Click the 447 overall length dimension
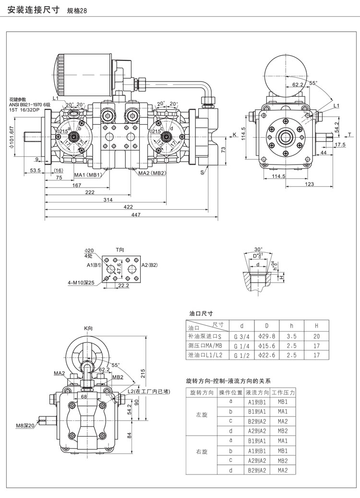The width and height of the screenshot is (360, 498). tap(135, 215)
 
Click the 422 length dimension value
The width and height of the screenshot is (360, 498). tap(128, 207)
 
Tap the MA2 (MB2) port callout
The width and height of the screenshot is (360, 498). tap(152, 173)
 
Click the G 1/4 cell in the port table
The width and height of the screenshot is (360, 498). tap(241, 346)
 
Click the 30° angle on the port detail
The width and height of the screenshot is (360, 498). tap(258, 249)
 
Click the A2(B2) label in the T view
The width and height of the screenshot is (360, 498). tap(150, 265)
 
